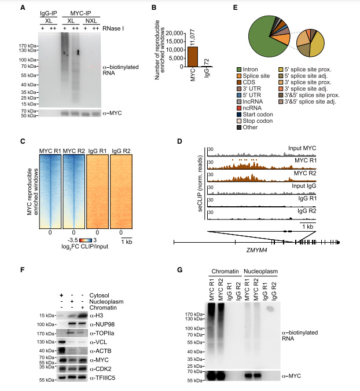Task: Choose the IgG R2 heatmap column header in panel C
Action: click(x=120, y=152)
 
